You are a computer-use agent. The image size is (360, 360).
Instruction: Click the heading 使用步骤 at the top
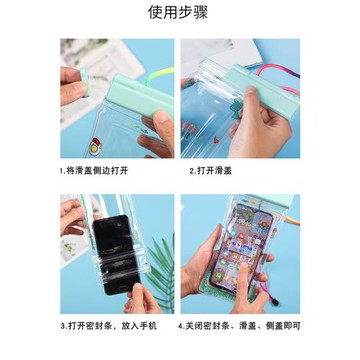(180, 13)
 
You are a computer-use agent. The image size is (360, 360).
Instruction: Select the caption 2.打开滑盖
(222, 171)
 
